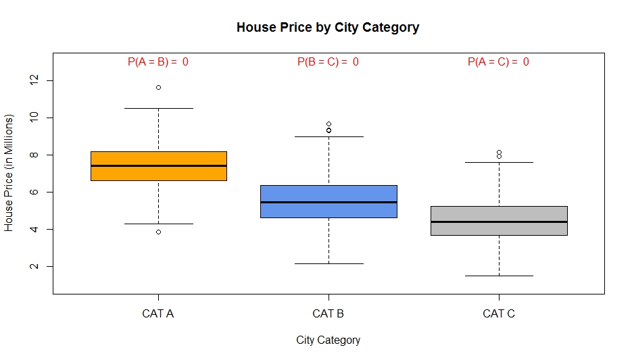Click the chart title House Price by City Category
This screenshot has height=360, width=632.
[x=328, y=28]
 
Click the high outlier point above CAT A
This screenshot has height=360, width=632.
[x=158, y=87]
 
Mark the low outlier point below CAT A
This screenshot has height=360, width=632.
[x=158, y=232]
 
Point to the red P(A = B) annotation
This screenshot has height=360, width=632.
[x=158, y=62]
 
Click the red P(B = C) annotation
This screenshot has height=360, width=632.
[x=328, y=62]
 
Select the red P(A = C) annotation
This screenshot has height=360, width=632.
[x=498, y=62]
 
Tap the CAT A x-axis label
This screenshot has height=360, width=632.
[x=158, y=313]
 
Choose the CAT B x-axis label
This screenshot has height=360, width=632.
[x=329, y=313]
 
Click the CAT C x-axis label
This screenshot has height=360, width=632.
[x=499, y=313]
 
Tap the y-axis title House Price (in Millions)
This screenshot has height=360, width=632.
[x=9, y=174]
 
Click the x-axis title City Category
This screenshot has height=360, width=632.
[x=328, y=340]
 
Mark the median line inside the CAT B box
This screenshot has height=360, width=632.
[x=329, y=202]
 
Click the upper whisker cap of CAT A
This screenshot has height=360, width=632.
[x=158, y=108]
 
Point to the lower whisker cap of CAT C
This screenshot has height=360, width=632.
[x=499, y=276]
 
